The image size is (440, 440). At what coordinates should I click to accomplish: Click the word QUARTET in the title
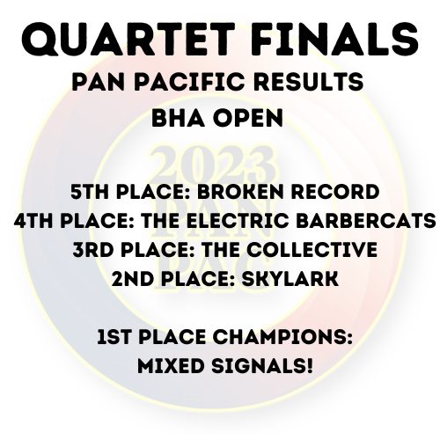pyautogui.click(x=128, y=39)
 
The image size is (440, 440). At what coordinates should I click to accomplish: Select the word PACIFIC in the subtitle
pyautogui.click(x=190, y=81)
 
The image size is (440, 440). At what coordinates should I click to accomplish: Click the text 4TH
pyautogui.click(x=34, y=221)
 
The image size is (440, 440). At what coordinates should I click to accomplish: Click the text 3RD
pyautogui.click(x=93, y=250)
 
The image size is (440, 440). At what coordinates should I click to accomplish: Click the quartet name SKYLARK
pyautogui.click(x=290, y=279)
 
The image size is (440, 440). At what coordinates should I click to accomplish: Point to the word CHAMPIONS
pyautogui.click(x=282, y=337)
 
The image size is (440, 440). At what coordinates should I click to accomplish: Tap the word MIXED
pyautogui.click(x=171, y=366)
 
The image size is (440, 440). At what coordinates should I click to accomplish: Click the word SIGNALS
pyautogui.click(x=259, y=366)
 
